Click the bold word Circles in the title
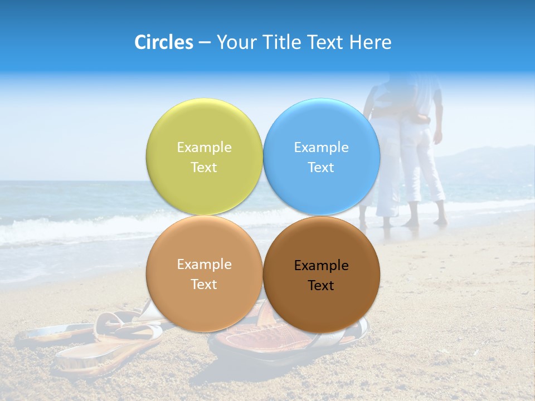(164, 42)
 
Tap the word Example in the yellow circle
(204, 148)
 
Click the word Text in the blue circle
(321, 168)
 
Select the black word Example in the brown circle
(321, 266)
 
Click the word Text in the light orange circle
(204, 285)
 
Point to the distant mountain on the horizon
(490, 159)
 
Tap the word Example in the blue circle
(321, 148)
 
